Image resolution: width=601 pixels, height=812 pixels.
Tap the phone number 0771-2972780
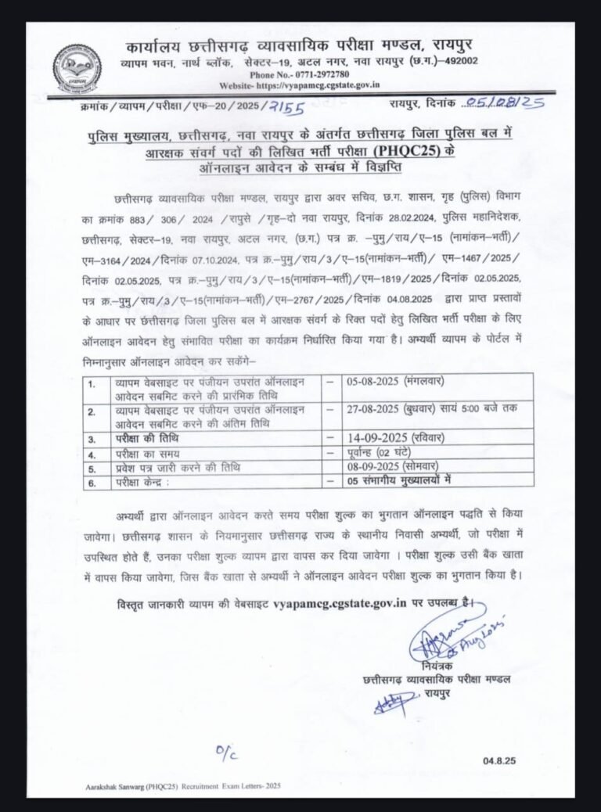pyautogui.click(x=302, y=74)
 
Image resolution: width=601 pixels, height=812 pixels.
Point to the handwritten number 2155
pyautogui.click(x=286, y=106)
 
